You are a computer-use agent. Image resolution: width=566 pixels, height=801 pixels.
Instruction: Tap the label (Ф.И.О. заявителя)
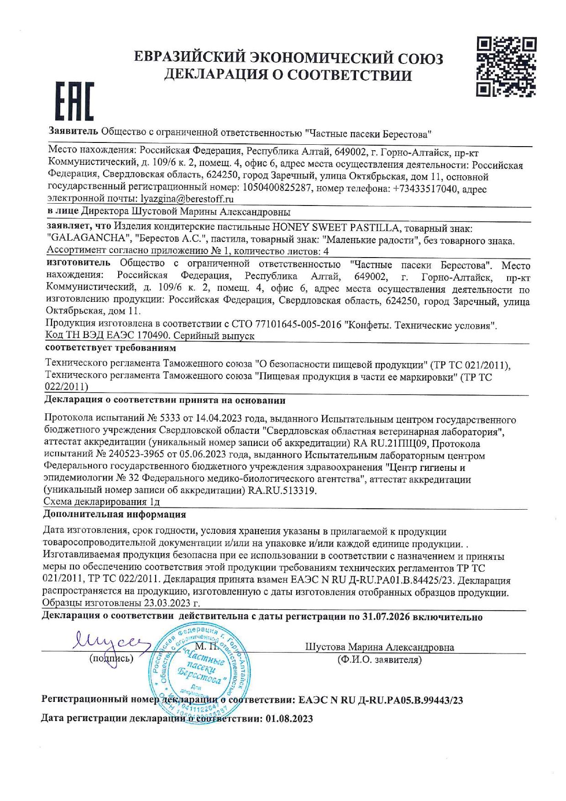coord(379,660)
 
